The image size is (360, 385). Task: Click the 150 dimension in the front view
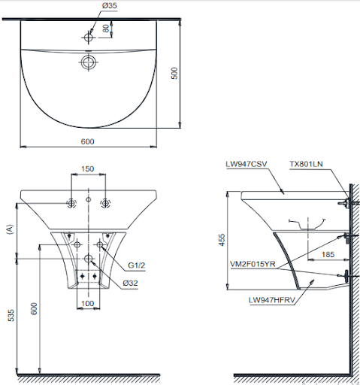[88, 169]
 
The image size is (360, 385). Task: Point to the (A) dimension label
[10, 230]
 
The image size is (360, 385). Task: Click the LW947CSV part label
[246, 164]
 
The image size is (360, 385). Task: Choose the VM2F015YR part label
[253, 265]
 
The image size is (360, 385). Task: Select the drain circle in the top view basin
[89, 61]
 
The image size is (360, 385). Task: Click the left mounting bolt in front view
[71, 203]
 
